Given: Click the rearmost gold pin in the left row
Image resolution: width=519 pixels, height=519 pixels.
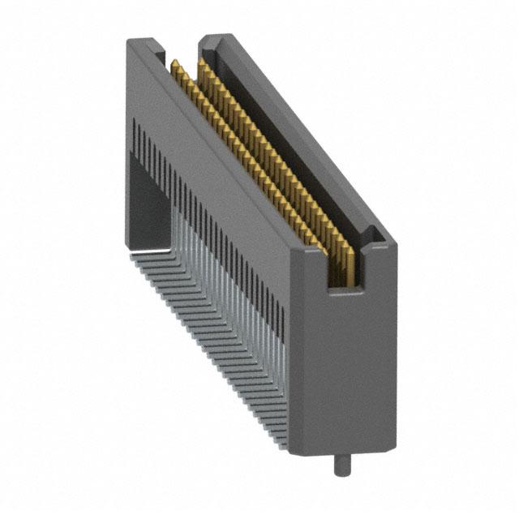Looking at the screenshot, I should pos(174,65).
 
